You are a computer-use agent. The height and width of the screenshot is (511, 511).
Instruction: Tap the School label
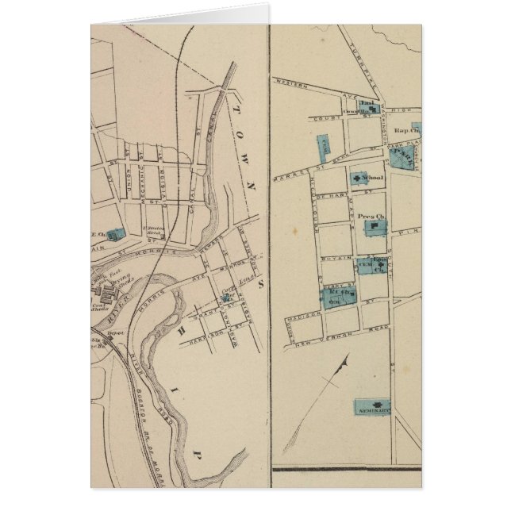pos(374,178)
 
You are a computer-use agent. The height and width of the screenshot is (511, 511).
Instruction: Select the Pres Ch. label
pos(370,216)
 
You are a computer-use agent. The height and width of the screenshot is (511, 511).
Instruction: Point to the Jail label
pos(366,104)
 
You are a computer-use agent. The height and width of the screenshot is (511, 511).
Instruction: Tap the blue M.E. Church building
pos(116,233)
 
